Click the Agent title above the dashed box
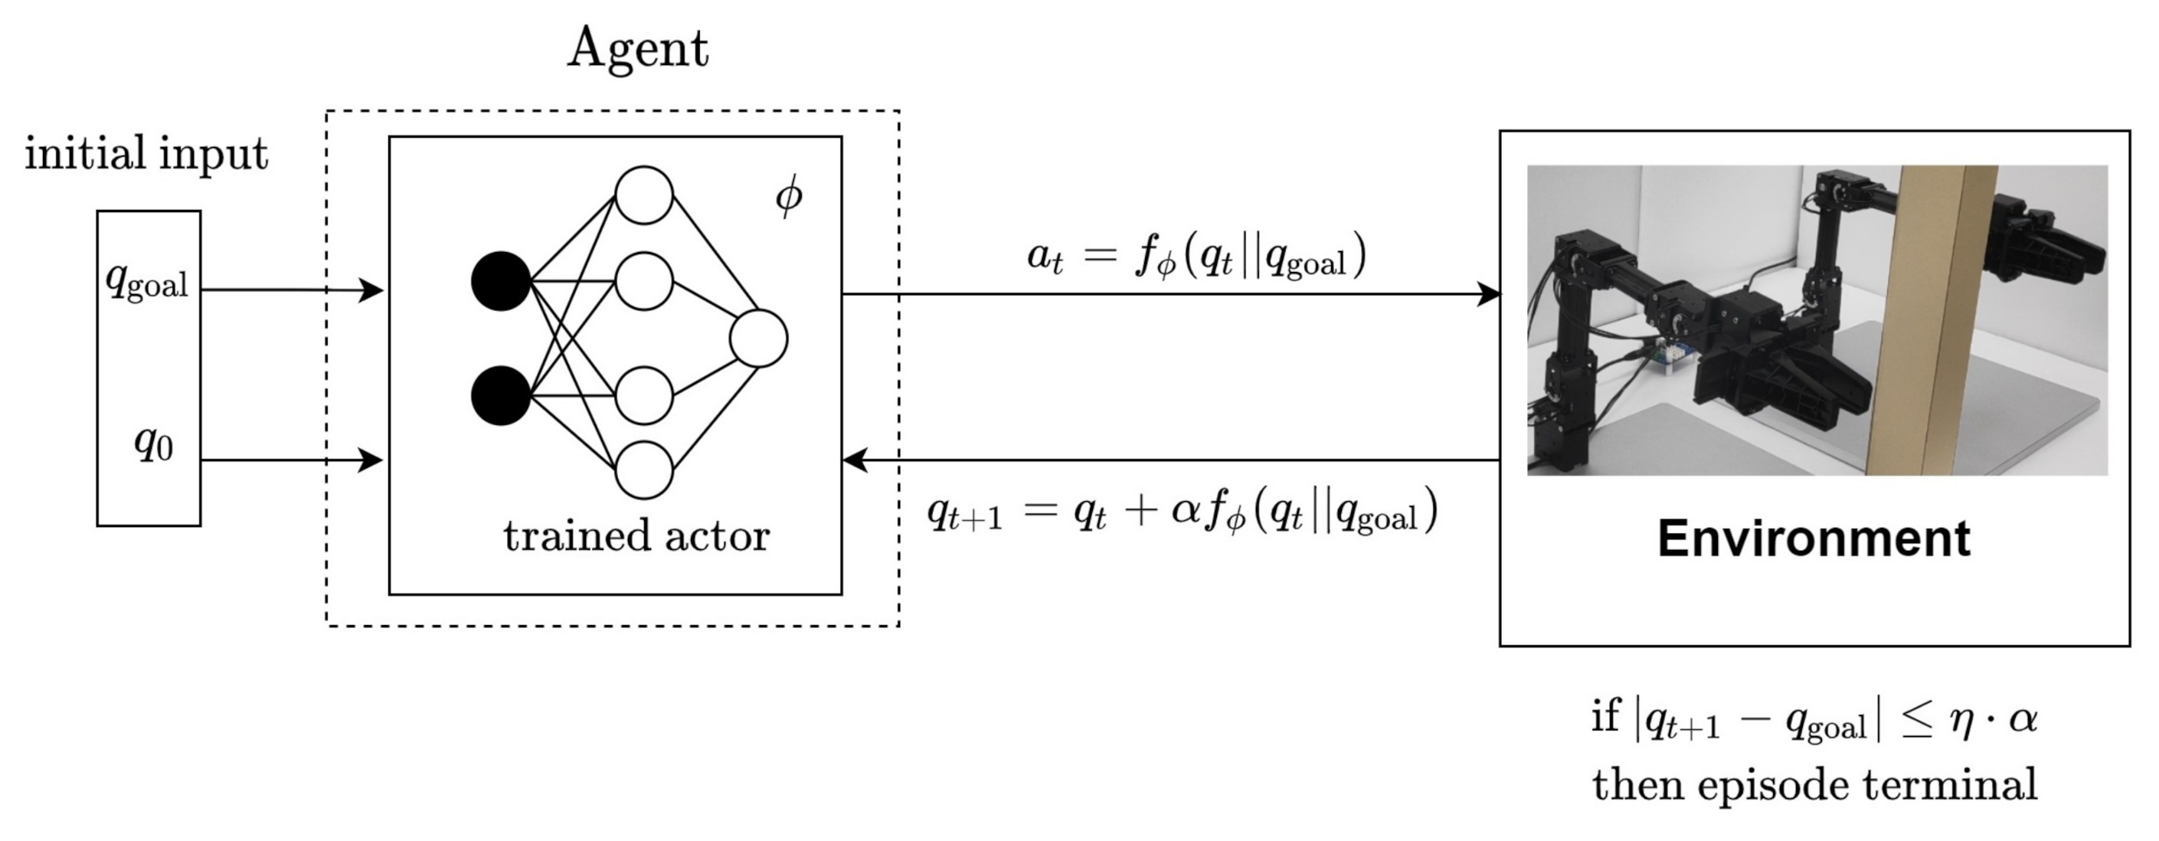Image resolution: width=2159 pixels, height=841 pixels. coord(638,48)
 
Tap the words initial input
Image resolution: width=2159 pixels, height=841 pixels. coord(147,153)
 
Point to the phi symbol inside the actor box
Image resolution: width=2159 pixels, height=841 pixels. coord(789,197)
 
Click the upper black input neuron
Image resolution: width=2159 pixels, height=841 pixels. coord(501,281)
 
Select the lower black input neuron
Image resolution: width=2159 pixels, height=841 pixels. coord(501,395)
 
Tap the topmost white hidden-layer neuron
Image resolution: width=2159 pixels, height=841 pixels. coord(643,195)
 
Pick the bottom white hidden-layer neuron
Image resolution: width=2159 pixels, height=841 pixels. coord(643,470)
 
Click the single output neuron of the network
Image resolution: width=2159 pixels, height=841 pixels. coord(758,339)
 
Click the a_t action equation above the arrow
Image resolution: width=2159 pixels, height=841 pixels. coord(1196,256)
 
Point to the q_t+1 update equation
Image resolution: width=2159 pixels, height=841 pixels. coord(1182,512)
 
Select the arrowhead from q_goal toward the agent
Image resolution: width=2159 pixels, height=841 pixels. coord(372,290)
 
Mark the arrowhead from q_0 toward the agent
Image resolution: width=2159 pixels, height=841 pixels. coord(372,460)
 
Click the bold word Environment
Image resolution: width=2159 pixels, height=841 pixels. coord(1814,538)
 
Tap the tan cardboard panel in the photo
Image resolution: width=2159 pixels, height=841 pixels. coord(1928,319)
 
